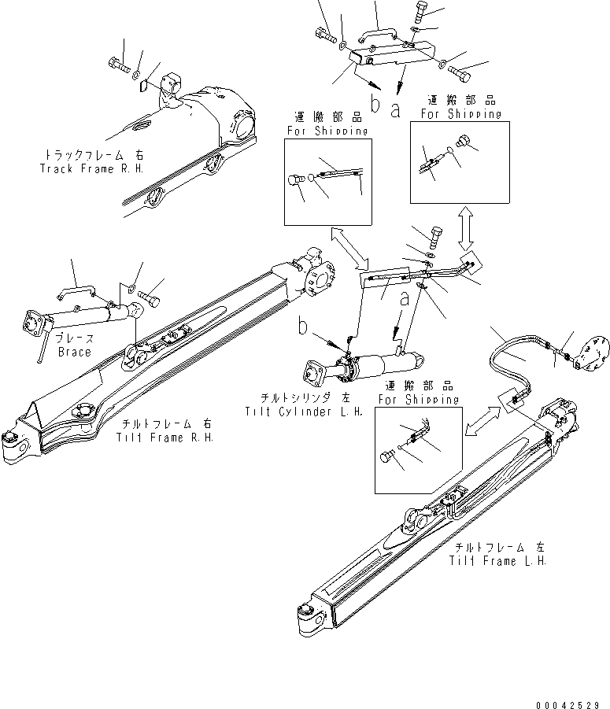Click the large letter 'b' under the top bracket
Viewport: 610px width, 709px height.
tap(375, 104)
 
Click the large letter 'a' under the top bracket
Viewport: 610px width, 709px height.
tap(396, 109)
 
